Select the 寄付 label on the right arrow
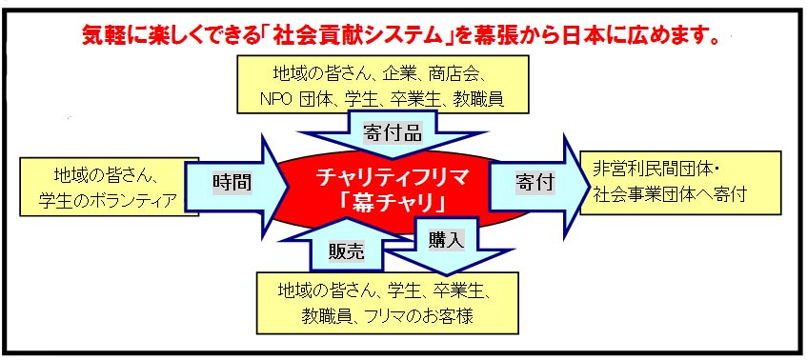tap(535, 181)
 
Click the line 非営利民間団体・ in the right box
tap(651, 170)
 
